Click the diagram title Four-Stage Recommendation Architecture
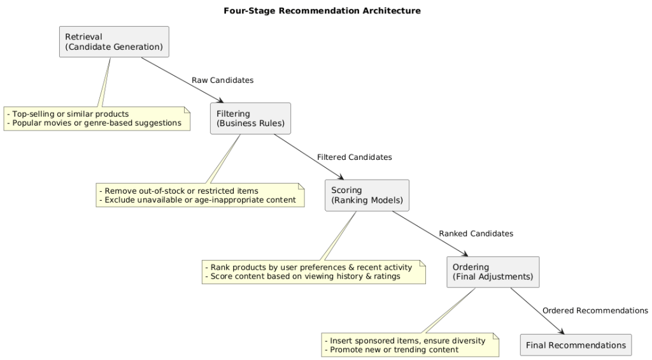[x=322, y=11]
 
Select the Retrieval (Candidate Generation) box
[x=114, y=42]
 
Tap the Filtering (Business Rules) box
[x=250, y=119]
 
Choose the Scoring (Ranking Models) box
[x=367, y=195]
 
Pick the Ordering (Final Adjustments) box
[x=493, y=272]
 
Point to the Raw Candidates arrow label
[x=222, y=80]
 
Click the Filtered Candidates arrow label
[x=354, y=157]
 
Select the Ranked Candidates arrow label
[x=476, y=234]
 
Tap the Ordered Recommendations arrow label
[x=595, y=310]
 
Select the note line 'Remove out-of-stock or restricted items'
[x=179, y=191]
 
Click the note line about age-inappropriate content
[x=197, y=199]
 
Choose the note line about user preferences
[x=308, y=266]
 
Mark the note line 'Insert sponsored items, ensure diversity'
[x=405, y=341]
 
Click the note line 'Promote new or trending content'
[x=392, y=350]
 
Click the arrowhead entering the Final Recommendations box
[x=561, y=331]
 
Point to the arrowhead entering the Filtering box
[x=220, y=101]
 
